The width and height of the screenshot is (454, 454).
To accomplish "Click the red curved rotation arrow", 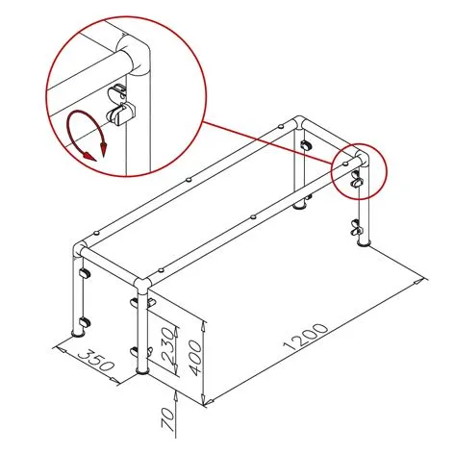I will (x=86, y=136).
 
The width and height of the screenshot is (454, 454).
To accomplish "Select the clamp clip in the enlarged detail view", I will (x=119, y=104).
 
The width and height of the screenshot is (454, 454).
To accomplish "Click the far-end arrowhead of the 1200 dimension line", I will (x=422, y=280).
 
